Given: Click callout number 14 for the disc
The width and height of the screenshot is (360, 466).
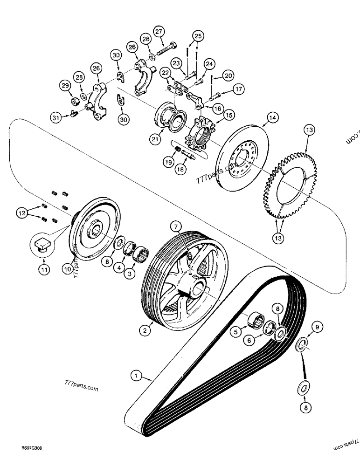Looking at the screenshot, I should (272, 119).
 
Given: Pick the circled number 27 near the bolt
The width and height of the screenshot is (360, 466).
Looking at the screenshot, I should (159, 32).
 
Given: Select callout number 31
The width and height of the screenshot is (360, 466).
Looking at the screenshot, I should (56, 118).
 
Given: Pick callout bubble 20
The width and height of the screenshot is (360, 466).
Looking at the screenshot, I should (228, 74).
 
